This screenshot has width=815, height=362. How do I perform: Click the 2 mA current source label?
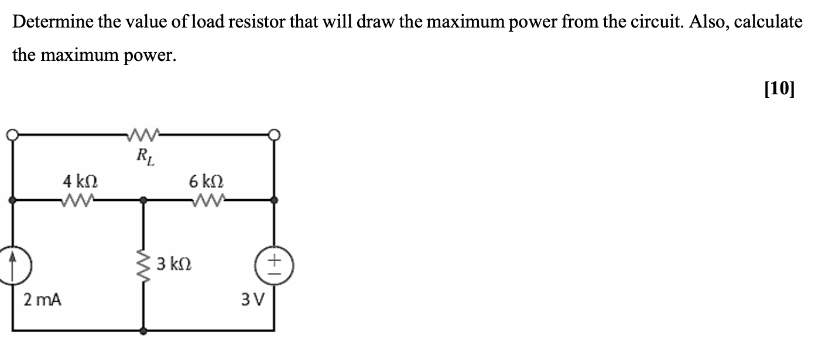click(x=42, y=300)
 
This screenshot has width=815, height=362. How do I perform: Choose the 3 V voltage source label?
click(x=254, y=300)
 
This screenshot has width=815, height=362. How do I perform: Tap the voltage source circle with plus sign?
click(x=273, y=267)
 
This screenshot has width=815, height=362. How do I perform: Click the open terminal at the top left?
click(x=11, y=135)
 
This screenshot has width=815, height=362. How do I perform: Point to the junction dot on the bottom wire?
click(x=145, y=331)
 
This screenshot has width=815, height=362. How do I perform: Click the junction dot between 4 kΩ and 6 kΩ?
click(x=145, y=200)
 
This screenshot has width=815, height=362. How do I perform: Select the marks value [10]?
click(x=779, y=88)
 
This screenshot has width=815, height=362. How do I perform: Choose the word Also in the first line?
click(x=710, y=23)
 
